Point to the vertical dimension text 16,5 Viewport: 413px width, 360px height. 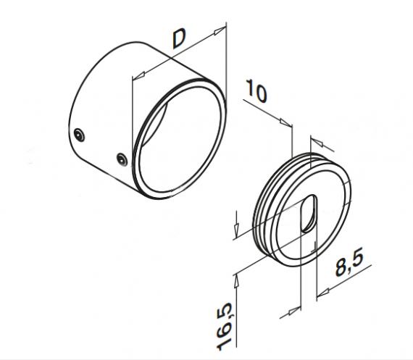[x=228, y=324]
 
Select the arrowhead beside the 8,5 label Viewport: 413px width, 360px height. [x=322, y=291]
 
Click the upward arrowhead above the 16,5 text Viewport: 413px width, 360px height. [x=237, y=276]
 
